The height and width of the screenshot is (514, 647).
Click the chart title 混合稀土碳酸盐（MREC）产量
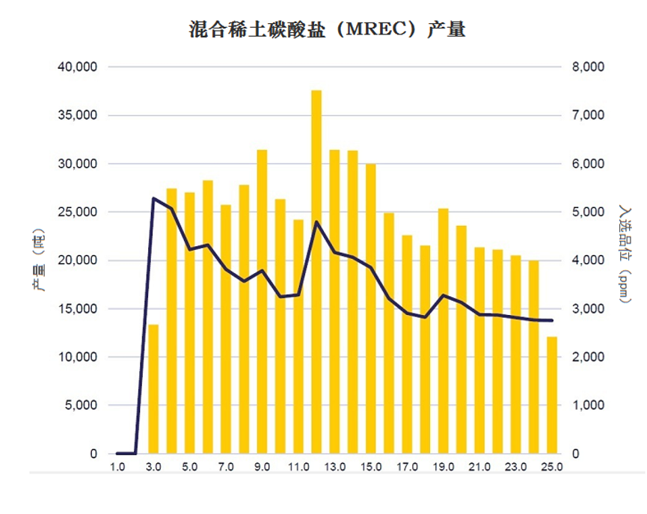tap(327, 29)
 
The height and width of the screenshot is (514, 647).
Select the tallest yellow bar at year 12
tap(316, 272)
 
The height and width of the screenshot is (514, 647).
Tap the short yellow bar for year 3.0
tap(153, 389)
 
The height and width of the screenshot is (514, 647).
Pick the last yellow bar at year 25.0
tap(552, 396)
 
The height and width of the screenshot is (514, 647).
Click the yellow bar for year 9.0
tap(262, 302)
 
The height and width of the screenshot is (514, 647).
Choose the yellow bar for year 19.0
tap(443, 331)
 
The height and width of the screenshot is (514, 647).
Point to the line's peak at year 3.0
tap(153, 198)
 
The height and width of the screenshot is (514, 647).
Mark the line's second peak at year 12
tap(316, 222)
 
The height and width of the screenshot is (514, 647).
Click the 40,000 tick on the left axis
tap(78, 67)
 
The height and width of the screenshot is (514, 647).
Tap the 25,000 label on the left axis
tap(78, 212)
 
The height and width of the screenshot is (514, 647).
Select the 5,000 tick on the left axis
tap(82, 406)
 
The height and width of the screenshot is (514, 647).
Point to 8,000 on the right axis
tap(588, 67)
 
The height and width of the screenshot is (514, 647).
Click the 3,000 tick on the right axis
tap(588, 309)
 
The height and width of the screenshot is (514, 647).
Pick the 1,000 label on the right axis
tap(588, 406)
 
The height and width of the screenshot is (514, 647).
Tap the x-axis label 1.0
tap(117, 467)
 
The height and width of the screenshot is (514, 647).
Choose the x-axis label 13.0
tap(334, 467)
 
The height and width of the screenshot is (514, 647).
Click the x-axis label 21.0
tap(479, 467)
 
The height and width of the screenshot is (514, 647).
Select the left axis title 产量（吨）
tap(38, 260)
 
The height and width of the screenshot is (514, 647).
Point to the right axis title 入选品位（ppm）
tap(625, 254)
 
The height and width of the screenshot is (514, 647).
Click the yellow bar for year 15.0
tap(370, 309)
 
